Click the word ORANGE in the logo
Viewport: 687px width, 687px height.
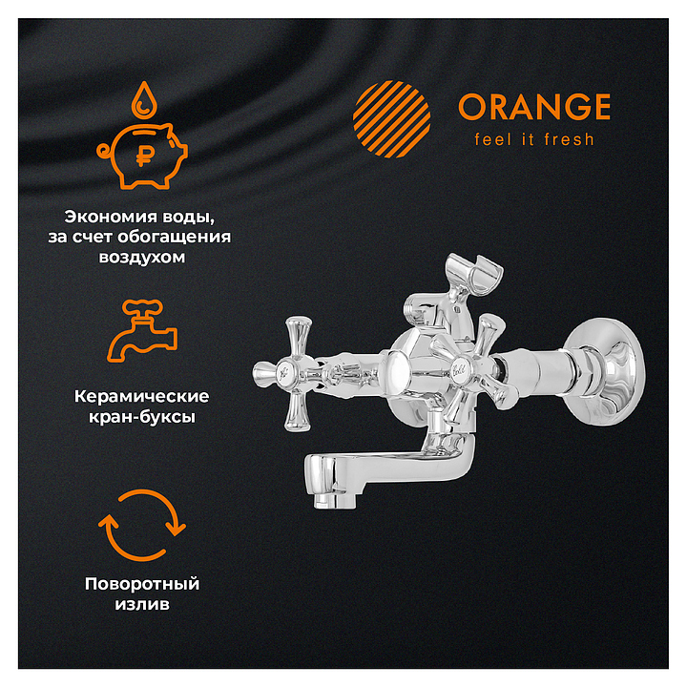coord(534,107)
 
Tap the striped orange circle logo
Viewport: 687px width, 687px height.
coord(392,118)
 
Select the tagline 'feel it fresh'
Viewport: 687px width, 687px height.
coord(534,139)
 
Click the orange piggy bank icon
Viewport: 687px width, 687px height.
coord(142,156)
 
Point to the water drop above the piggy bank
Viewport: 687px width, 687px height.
coord(144,100)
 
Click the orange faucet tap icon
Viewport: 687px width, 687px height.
coord(142,330)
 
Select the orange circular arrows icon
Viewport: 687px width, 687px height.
coord(142,526)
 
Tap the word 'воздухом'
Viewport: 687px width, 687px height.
coord(142,258)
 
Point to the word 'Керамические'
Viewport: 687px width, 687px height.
coord(141,397)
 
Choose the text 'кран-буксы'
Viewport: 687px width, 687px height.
coord(142,417)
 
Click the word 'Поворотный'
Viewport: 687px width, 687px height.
coord(142,584)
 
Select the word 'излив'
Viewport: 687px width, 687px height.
coord(142,605)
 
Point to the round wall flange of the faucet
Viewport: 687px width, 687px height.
coord(606,371)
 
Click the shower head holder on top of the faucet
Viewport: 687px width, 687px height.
coord(473,274)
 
